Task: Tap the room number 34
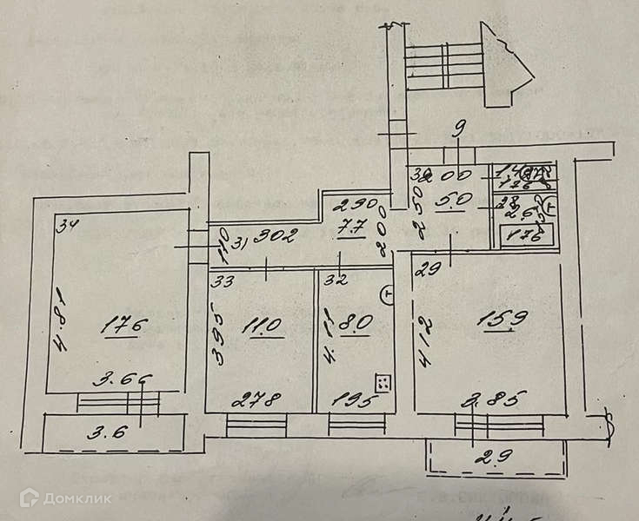tap(67, 228)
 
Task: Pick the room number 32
tap(336, 280)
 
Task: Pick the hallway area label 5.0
tap(455, 204)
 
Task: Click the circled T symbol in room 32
tap(388, 294)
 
